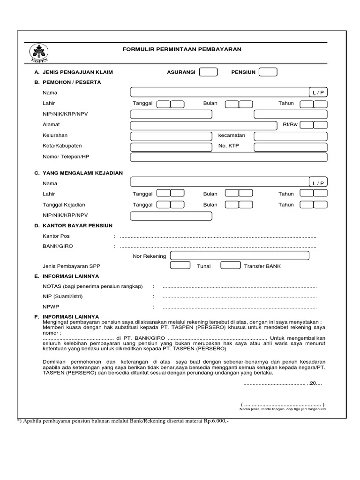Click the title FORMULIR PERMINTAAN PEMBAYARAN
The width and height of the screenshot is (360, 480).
click(x=182, y=49)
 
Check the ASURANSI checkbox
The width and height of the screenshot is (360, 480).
click(x=208, y=72)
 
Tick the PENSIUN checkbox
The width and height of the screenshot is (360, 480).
click(x=268, y=72)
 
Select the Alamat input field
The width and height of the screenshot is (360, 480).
click(x=204, y=125)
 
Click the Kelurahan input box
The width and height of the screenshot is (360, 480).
click(x=171, y=136)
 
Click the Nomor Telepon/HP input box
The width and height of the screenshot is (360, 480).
click(x=171, y=157)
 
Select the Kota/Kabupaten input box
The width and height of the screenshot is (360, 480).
click(x=171, y=147)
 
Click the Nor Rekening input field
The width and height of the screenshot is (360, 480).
click(x=240, y=255)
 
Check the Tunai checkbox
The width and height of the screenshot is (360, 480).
click(x=180, y=266)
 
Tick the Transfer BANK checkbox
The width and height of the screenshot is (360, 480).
click(x=230, y=266)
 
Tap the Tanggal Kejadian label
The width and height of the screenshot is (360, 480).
click(x=64, y=205)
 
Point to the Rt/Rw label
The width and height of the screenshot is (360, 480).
click(x=290, y=125)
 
